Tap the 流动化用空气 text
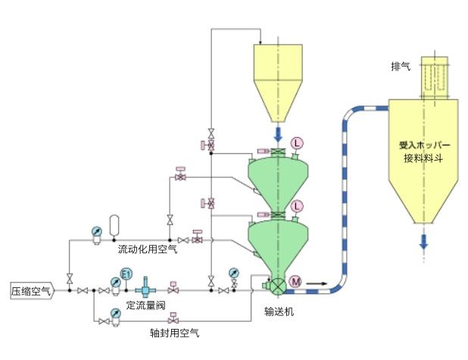pyautogui.click(x=147, y=249)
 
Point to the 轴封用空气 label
pyautogui.click(x=175, y=332)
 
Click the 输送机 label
pyautogui.click(x=278, y=311)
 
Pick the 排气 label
pyautogui.click(x=401, y=67)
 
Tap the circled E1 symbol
pyautogui.click(x=126, y=274)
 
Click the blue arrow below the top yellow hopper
pyautogui.click(x=277, y=135)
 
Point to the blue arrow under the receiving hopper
pyautogui.click(x=423, y=241)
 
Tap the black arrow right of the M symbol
pyautogui.click(x=319, y=284)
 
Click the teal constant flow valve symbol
pyautogui.click(x=144, y=290)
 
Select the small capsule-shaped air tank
pyautogui.click(x=114, y=226)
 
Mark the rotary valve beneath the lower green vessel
pyautogui.click(x=277, y=286)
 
